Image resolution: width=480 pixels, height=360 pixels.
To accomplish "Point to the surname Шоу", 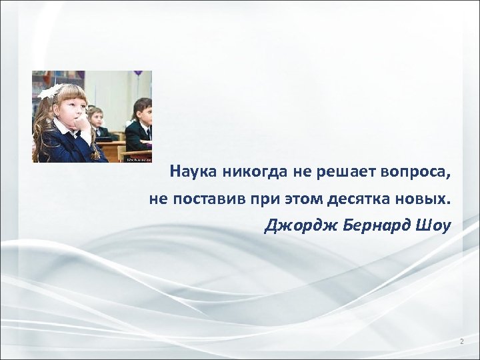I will click(x=435, y=226).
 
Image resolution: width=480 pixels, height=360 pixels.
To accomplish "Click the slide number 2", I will click(x=461, y=342).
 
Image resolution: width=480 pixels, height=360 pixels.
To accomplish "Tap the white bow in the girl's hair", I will click(x=50, y=91).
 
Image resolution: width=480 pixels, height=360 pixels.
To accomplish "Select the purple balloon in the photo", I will click(x=138, y=73).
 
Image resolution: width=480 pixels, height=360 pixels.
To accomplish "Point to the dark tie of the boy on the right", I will click(x=148, y=131).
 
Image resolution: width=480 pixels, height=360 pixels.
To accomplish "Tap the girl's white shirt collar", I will click(x=64, y=127).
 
